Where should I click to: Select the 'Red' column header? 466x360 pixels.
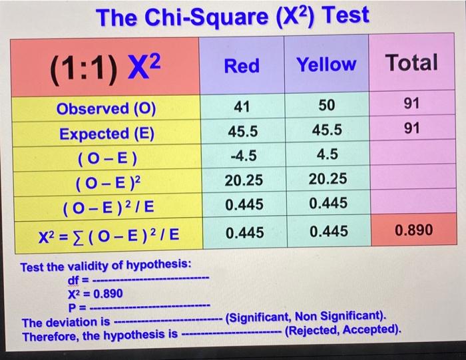point(242,65)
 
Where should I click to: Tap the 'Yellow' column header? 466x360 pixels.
point(326,65)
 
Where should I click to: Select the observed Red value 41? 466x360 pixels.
point(242,106)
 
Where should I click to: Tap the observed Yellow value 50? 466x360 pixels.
point(326,106)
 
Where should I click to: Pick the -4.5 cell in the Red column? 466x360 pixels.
point(242,155)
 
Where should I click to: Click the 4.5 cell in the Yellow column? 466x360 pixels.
point(326,155)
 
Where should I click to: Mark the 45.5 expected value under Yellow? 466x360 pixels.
point(326,131)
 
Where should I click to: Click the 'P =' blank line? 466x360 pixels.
point(160,307)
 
